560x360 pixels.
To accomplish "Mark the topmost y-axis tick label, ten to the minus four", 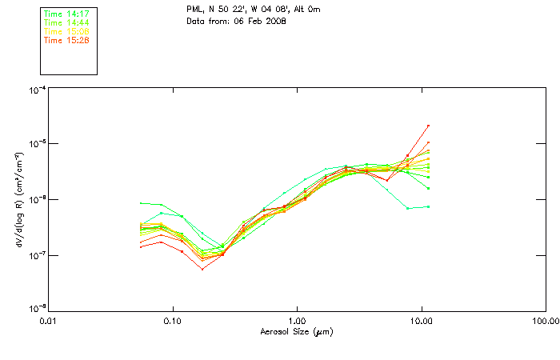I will click(x=36, y=90).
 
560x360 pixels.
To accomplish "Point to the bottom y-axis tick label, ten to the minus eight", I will click(x=36, y=309).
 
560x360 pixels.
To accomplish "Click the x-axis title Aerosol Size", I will click(x=296, y=331).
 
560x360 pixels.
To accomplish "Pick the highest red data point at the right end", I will click(x=429, y=126).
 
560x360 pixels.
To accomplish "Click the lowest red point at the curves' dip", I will click(x=202, y=269).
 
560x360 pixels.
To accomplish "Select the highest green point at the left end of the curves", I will click(x=142, y=203).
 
